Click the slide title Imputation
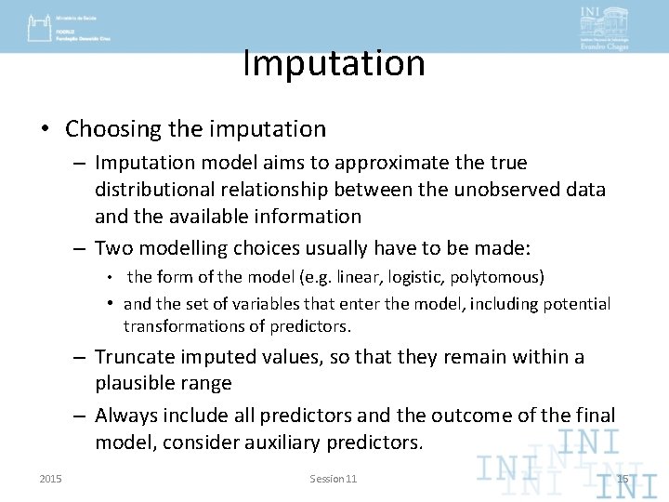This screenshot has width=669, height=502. [334, 63]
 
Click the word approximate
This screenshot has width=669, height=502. [380, 163]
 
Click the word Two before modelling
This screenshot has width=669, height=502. [113, 247]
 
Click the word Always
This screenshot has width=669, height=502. [125, 416]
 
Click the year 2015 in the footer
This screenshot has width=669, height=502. [51, 479]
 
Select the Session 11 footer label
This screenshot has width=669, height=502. [333, 479]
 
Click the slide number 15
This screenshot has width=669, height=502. [623, 479]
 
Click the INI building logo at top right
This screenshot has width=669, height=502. [604, 27]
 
